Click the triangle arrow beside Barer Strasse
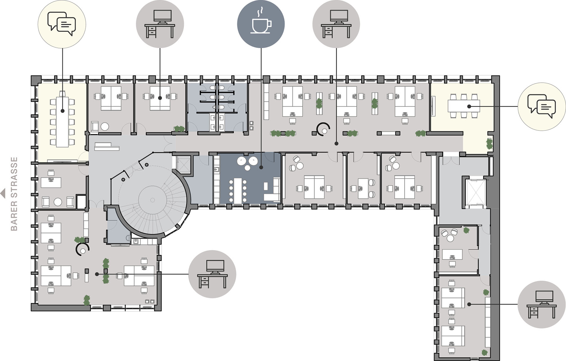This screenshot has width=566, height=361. pos(3,194)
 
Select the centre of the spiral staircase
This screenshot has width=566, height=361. pos(152,200)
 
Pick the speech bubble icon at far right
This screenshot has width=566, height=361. pos(542,106)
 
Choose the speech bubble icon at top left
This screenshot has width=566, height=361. pos(62,24)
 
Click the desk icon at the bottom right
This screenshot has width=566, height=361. pos(542,304)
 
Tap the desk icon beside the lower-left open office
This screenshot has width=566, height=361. pos(212,274)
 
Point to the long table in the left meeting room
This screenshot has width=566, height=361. pos(62,122)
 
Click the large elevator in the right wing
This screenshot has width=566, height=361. pos(475,192)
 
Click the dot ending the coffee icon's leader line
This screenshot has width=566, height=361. pos(261,167)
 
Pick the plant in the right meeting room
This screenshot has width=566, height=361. pos(489,144)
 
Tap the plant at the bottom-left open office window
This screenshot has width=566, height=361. pos(86,300)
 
